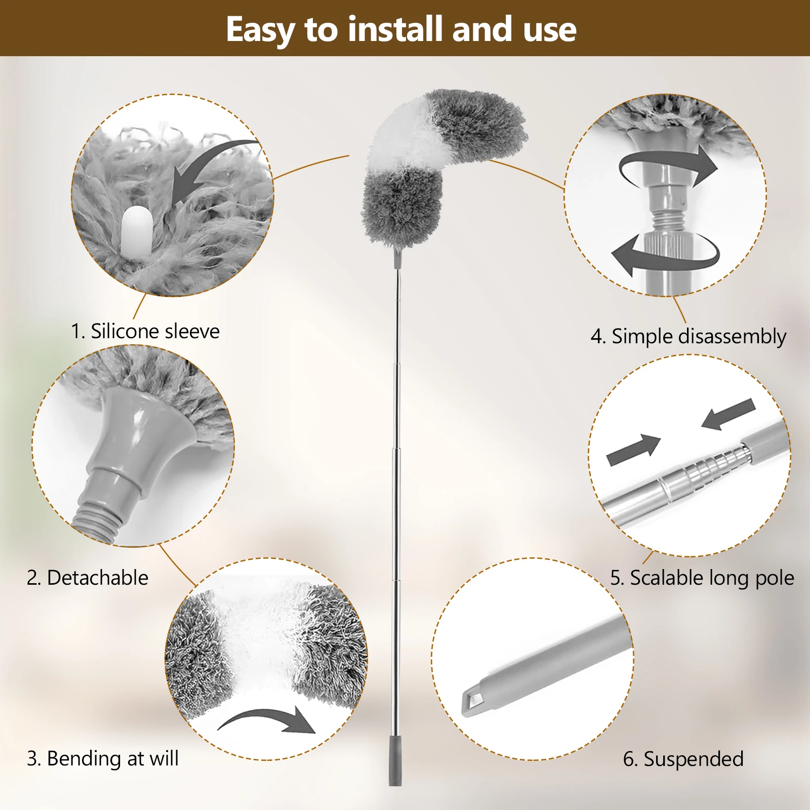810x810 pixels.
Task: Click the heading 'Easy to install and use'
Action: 401,29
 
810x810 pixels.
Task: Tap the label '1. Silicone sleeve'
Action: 145,331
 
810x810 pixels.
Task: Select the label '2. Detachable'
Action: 88,578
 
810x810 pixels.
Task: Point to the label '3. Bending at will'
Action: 103,758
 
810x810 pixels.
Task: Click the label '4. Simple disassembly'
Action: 688,337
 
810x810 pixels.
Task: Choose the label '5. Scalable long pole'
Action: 702,578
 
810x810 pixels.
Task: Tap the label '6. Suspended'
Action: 683,759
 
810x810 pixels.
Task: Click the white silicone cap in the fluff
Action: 137,230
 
